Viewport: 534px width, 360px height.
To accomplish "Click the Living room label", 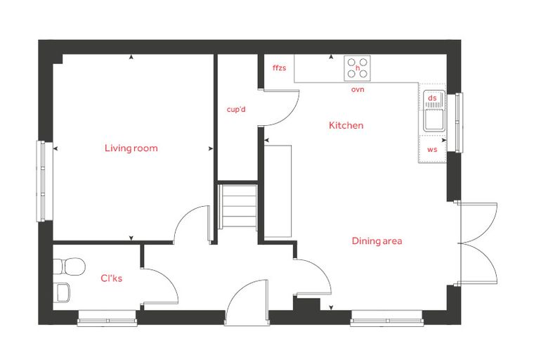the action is point(131,148).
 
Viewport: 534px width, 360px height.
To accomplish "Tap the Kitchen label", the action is point(346,125).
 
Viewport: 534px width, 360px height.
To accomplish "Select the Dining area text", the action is point(377,241).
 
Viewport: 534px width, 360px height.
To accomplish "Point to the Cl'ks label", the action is point(111,278).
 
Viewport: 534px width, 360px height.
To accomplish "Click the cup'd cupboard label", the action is point(236,110).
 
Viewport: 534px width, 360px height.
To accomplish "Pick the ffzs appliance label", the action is point(279,67).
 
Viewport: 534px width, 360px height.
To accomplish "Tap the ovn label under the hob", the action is point(358,90).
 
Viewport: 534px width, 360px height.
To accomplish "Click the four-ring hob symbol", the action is point(357,68).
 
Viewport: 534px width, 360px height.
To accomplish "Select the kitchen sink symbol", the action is point(434,111).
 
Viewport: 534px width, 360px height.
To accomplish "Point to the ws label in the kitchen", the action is point(432,149).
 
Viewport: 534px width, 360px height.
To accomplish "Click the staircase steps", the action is point(238,207).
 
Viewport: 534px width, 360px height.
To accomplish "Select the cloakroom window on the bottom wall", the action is point(108,319).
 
